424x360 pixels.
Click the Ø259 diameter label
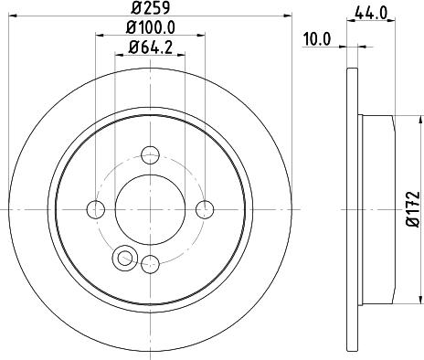pyautogui.click(x=151, y=8)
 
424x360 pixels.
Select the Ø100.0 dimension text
pyautogui.click(x=151, y=29)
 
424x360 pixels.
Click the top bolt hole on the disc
pyautogui.click(x=151, y=154)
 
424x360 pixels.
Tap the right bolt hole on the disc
pyautogui.click(x=207, y=210)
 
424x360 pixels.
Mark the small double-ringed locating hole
pyautogui.click(x=122, y=259)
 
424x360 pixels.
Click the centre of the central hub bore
pyautogui.click(x=151, y=210)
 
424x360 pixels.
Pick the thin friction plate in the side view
pyautogui.click(x=351, y=208)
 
